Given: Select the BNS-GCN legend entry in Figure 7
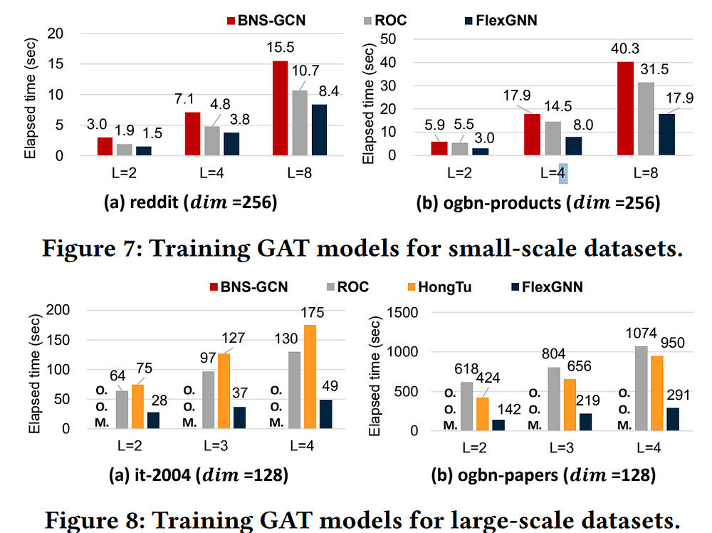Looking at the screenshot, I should [x=263, y=20].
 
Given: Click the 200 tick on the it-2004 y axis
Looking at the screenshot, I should [x=61, y=310].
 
